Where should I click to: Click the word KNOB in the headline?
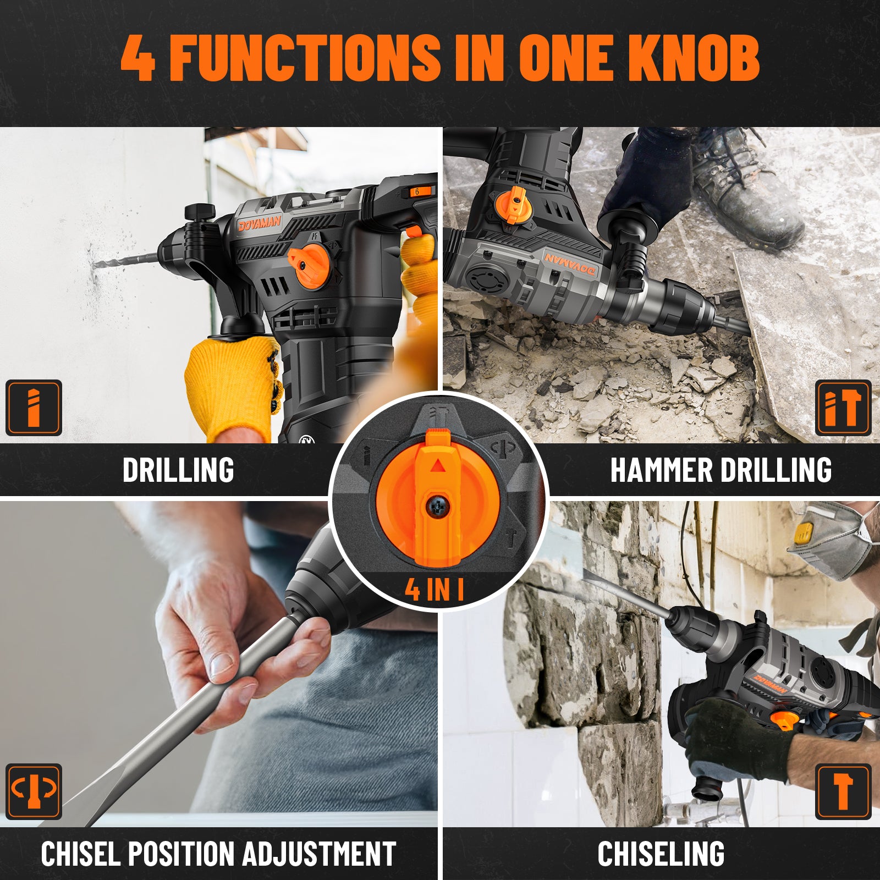[x=694, y=57]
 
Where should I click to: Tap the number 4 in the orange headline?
[x=137, y=58]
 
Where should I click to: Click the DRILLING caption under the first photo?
[x=178, y=470]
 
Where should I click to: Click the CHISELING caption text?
[x=661, y=854]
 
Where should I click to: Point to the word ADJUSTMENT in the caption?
[x=319, y=854]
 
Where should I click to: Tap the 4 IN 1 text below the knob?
[x=435, y=589]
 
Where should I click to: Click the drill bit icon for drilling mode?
[x=34, y=408]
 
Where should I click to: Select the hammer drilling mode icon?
[x=843, y=408]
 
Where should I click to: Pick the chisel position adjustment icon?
[x=34, y=791]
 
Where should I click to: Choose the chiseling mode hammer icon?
[x=843, y=791]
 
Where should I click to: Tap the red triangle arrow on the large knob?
[x=437, y=466]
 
